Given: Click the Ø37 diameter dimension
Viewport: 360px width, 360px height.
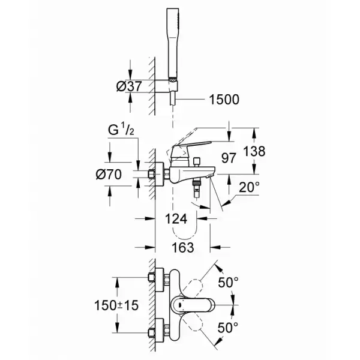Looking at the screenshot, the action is (129, 86).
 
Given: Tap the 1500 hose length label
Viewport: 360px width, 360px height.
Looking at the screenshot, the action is (224, 100).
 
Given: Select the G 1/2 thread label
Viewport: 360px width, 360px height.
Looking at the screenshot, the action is (121, 130).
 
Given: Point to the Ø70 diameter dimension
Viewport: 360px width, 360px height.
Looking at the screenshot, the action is (109, 175).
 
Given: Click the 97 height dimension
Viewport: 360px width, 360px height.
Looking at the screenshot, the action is (229, 158).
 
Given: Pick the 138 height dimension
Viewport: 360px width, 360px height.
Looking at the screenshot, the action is (254, 151).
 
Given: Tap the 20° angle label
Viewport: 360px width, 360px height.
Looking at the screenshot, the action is (250, 187).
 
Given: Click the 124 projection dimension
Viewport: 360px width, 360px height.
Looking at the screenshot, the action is (176, 218).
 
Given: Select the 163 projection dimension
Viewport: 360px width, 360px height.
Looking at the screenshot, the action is (183, 247).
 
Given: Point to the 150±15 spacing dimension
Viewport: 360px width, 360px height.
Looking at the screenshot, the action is (116, 305).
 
